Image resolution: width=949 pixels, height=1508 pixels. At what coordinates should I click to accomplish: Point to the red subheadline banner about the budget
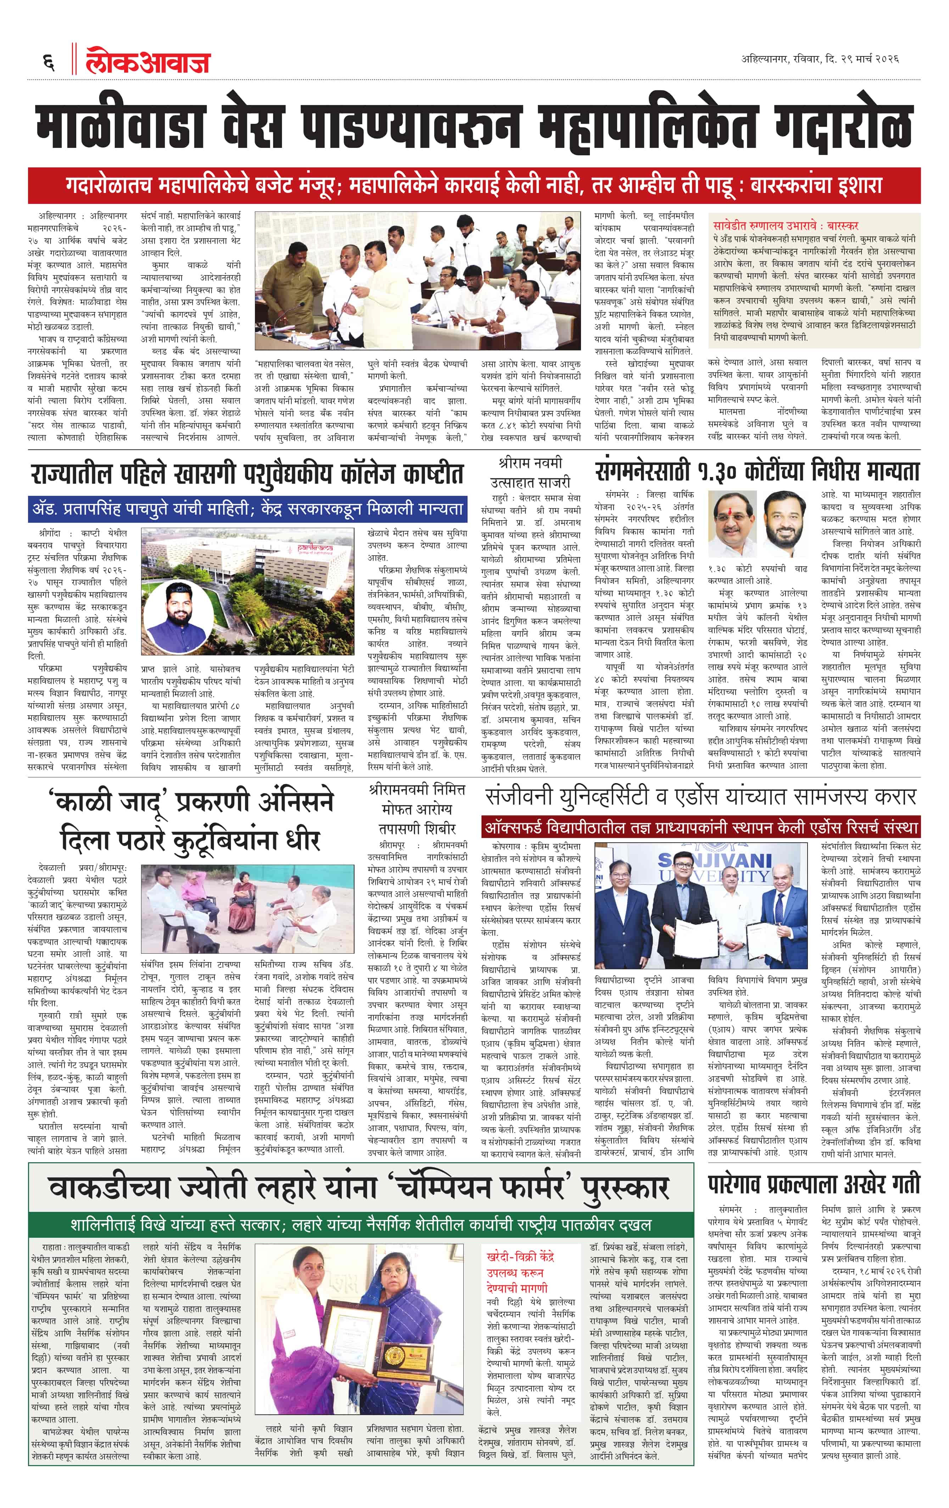[474, 185]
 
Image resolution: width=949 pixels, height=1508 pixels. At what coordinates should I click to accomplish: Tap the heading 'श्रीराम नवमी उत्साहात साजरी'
[530, 473]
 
